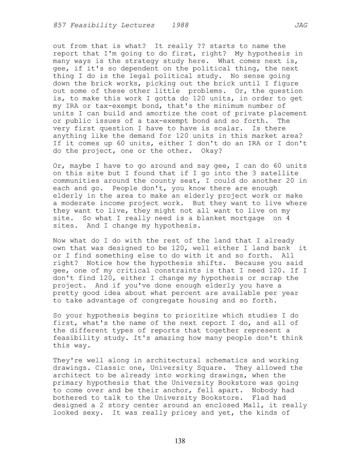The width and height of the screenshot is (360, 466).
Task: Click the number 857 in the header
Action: click(x=59, y=25)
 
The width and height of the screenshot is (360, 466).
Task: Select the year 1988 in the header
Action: click(x=180, y=25)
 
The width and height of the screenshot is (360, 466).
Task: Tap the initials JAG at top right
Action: click(x=301, y=25)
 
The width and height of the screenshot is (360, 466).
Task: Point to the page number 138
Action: click(x=180, y=441)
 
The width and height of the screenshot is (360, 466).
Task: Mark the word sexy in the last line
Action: click(x=91, y=413)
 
